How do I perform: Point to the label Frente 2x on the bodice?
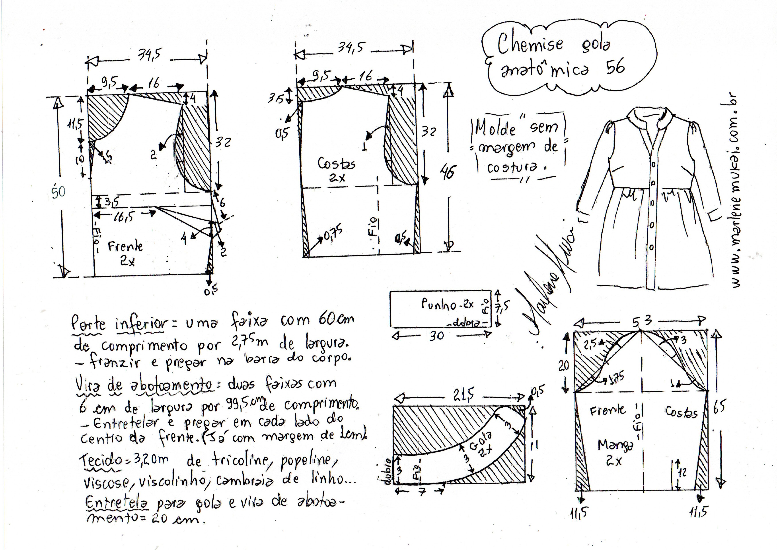point(125,252)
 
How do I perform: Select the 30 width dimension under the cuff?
point(436,336)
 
